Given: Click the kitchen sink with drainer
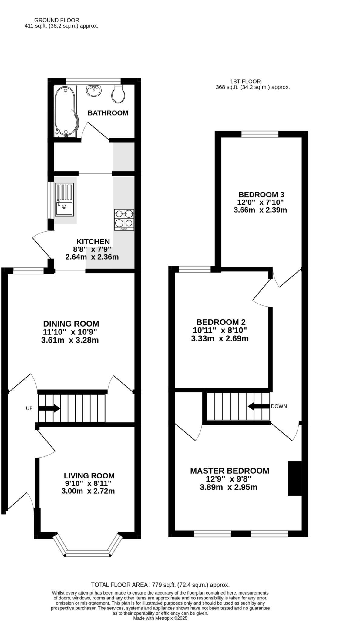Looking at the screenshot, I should point(64,199).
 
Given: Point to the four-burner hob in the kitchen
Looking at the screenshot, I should point(124,220).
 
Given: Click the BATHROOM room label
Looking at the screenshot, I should point(108,113).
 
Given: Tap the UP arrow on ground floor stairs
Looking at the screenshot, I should point(49,408).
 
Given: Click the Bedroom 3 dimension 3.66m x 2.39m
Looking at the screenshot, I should point(260,210).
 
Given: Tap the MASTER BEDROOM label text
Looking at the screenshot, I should point(230,471).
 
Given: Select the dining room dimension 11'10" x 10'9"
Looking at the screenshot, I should point(70,332).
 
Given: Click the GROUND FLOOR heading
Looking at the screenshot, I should point(57,20).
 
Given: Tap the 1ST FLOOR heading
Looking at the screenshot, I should point(245,82).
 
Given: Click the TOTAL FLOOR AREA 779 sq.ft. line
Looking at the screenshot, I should point(160,585).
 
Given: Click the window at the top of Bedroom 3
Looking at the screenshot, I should point(260,134).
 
